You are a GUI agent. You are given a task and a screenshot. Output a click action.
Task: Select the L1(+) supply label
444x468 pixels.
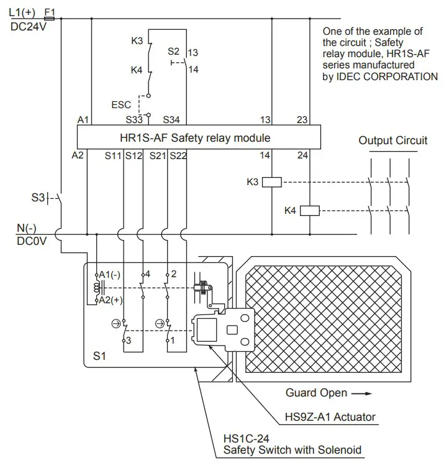point(24,11)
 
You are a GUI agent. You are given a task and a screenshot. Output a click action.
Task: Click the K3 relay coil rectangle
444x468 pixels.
point(273,182)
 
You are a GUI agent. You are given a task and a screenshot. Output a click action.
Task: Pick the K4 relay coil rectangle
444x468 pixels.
point(309,211)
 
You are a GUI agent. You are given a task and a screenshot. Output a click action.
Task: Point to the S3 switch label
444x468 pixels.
point(37,198)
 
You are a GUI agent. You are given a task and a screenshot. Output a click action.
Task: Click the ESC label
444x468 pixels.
point(121,104)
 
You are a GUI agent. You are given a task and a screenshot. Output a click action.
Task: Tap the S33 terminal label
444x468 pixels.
point(135,119)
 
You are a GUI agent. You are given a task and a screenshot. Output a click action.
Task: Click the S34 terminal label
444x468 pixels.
point(171,119)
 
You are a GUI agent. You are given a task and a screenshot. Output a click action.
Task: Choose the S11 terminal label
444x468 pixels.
point(112,155)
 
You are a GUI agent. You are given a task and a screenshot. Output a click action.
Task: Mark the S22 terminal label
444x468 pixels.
point(178,155)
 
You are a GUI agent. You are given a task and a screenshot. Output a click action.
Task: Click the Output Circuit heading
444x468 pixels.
point(392,140)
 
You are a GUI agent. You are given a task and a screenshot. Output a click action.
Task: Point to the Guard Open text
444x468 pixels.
point(316,393)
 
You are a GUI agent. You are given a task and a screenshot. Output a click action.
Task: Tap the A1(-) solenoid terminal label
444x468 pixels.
point(110,275)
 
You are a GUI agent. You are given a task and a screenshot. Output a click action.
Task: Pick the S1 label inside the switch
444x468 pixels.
point(99,357)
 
